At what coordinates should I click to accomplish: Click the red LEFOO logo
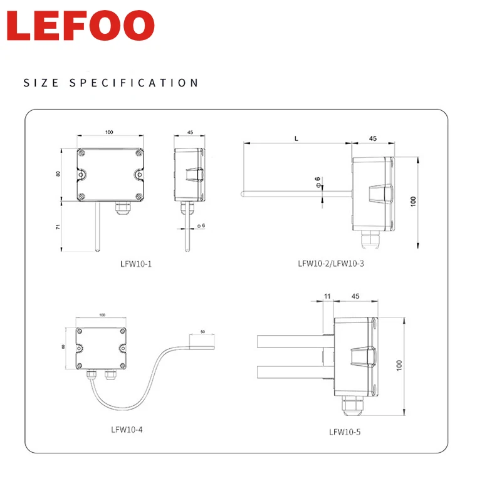(81, 26)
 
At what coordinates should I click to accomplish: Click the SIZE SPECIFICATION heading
(111, 83)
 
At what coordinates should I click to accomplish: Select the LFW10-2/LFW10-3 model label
(331, 264)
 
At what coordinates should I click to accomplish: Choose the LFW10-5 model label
(345, 431)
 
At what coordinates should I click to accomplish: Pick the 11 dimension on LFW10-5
(327, 296)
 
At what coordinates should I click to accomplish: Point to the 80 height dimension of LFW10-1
(58, 174)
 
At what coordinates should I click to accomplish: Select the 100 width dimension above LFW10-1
(109, 132)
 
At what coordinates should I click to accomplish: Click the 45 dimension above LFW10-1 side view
(189, 133)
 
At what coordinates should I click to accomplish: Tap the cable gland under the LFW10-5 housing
(348, 408)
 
